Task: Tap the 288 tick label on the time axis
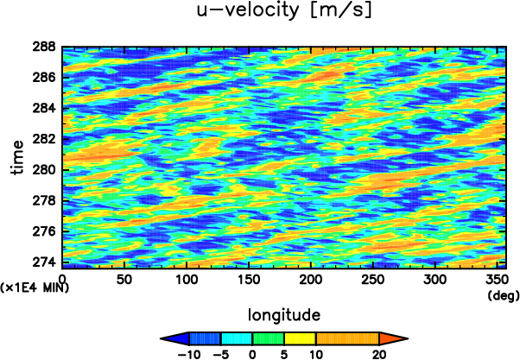(x=47, y=47)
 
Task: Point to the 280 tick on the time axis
(x=47, y=169)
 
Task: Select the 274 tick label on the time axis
(x=47, y=262)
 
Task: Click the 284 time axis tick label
(x=47, y=108)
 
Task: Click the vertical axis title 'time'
(x=18, y=155)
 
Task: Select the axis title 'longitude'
(x=284, y=313)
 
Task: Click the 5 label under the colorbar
(x=284, y=353)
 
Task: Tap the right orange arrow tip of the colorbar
(x=402, y=338)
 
